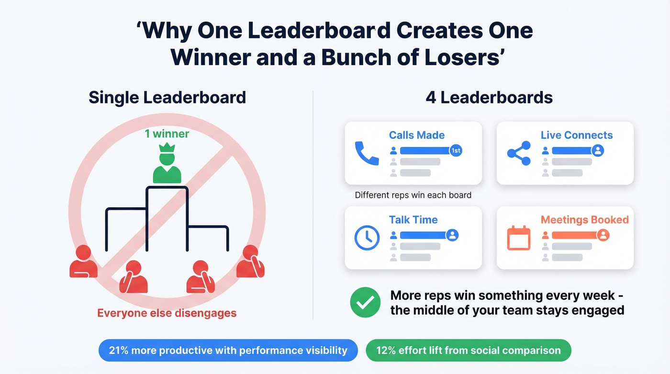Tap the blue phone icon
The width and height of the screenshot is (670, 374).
pyautogui.click(x=367, y=154)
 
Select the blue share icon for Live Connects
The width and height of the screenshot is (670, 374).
pyautogui.click(x=519, y=153)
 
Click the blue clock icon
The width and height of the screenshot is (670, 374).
pyautogui.click(x=367, y=238)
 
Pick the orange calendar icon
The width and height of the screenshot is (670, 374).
pyautogui.click(x=519, y=238)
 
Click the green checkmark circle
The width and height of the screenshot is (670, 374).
pyautogui.click(x=365, y=303)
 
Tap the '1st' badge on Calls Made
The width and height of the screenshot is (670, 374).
pyautogui.click(x=456, y=151)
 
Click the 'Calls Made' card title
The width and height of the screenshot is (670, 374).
pyautogui.click(x=416, y=136)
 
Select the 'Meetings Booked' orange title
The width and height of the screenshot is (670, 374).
pyautogui.click(x=584, y=220)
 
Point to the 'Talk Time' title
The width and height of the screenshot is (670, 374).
pyautogui.click(x=413, y=220)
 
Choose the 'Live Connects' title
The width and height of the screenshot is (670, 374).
pyautogui.click(x=577, y=136)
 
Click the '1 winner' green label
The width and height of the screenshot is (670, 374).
pyautogui.click(x=167, y=134)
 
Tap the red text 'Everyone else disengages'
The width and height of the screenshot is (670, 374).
pyautogui.click(x=167, y=313)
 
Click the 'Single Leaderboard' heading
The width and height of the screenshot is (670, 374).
pyautogui.click(x=167, y=97)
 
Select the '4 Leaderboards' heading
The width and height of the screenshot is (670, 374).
pyautogui.click(x=489, y=97)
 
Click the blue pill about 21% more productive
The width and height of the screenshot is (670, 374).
pyautogui.click(x=228, y=350)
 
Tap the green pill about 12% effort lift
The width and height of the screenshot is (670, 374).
pyautogui.click(x=468, y=350)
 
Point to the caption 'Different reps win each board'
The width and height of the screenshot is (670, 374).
pyautogui.click(x=413, y=195)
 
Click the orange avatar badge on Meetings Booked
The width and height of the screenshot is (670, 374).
pyautogui.click(x=603, y=235)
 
